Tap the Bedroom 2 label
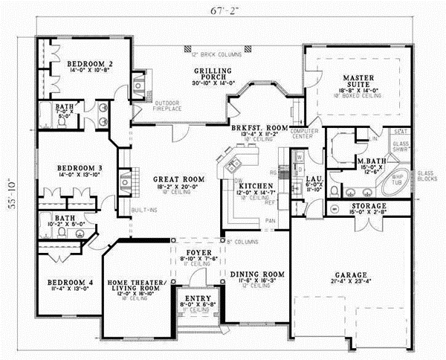89,65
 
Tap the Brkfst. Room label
258,128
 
